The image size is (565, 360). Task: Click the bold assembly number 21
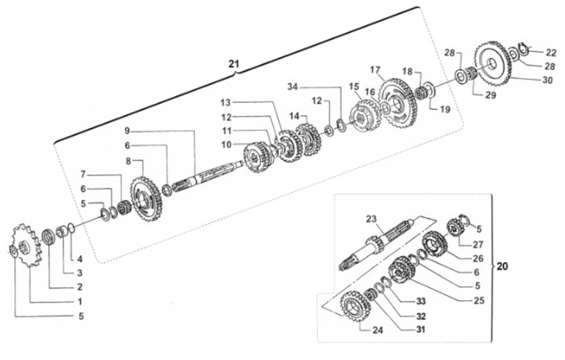click(x=234, y=64)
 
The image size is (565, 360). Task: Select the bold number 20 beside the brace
click(x=502, y=266)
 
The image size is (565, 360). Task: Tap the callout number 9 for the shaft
click(x=127, y=131)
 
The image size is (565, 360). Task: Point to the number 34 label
click(x=292, y=87)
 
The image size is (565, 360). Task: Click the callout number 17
click(x=375, y=70)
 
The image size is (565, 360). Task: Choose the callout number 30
click(x=547, y=80)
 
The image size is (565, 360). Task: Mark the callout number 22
click(x=551, y=53)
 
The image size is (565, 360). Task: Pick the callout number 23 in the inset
click(x=371, y=219)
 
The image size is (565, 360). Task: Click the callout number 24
click(x=378, y=330)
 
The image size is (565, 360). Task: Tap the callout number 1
click(x=80, y=302)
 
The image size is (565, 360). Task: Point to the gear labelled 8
click(x=146, y=199)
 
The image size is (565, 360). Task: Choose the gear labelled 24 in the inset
click(x=355, y=306)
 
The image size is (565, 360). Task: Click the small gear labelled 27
click(x=454, y=228)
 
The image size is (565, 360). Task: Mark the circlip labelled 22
click(x=524, y=48)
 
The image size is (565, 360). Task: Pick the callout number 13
click(x=226, y=103)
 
